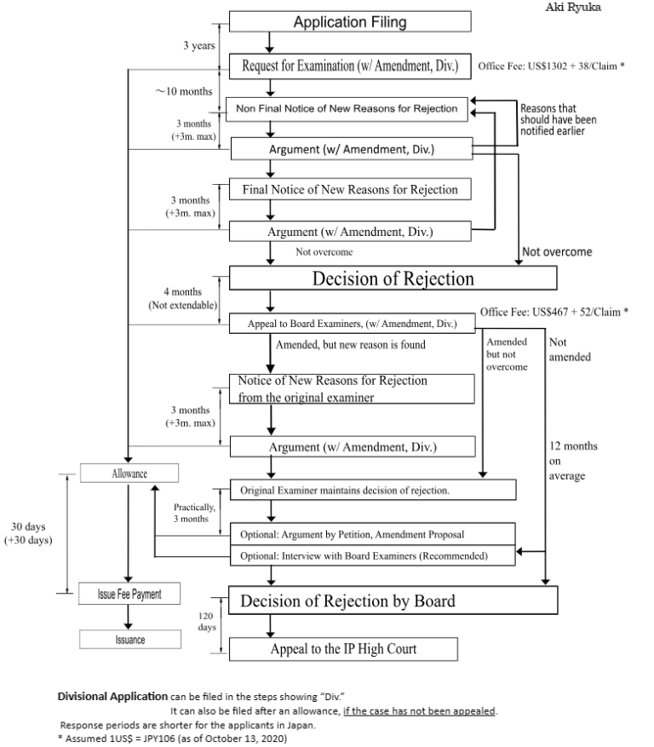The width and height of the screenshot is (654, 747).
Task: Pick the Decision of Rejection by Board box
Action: (393, 600)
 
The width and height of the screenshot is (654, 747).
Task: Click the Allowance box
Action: (129, 473)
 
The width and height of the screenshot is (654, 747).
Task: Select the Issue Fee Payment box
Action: (129, 594)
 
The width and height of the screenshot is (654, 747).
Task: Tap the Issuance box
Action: (129, 639)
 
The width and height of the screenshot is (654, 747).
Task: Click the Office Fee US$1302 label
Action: (553, 66)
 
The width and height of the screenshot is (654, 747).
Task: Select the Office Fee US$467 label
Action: (554, 313)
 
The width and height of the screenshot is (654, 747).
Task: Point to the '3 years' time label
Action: (198, 45)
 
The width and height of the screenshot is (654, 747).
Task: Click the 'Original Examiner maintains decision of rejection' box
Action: (373, 491)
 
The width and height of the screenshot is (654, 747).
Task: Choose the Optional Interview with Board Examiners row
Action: (373, 555)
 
